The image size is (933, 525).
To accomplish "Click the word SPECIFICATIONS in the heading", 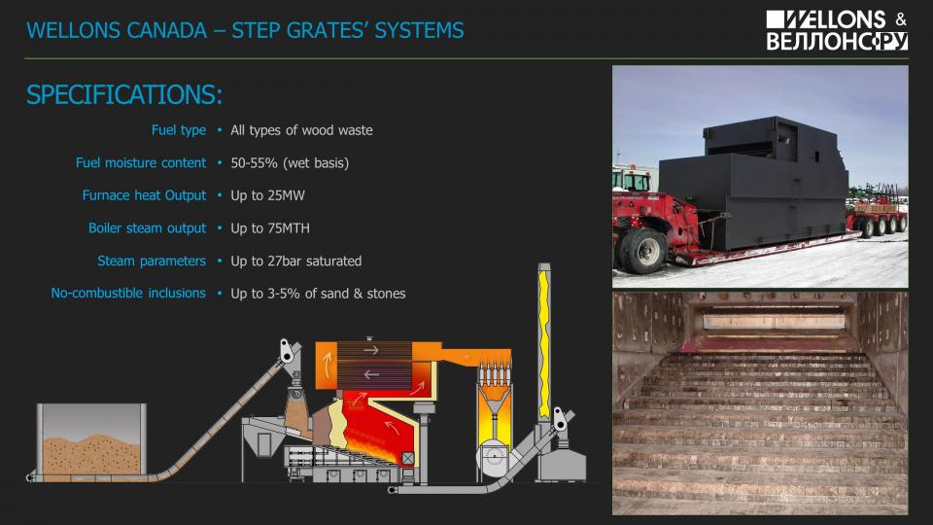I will (124, 95).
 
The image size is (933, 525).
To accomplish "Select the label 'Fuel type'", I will (179, 130).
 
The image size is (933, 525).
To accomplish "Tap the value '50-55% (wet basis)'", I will (290, 162).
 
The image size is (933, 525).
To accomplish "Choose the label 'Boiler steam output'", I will (148, 228).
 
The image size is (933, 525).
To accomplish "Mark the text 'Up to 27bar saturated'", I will (295, 261).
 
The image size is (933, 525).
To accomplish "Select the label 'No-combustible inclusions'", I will (128, 293).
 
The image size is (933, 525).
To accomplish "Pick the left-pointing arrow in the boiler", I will (370, 373).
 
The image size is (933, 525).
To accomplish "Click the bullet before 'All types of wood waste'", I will (221, 130).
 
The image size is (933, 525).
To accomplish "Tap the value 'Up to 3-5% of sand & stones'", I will (318, 294).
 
